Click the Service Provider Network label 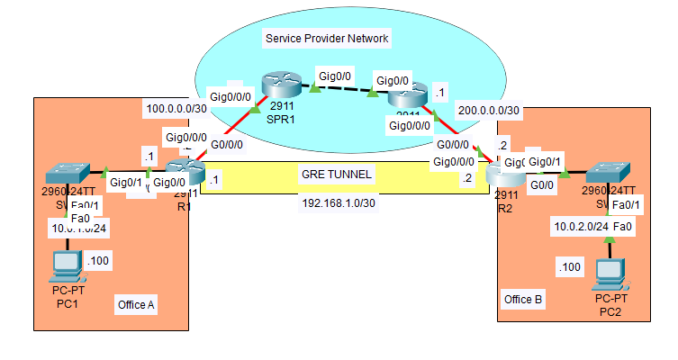coord(327,39)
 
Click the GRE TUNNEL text coord(337,174)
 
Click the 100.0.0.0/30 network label coord(175,110)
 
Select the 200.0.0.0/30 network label coord(488,110)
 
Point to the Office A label coord(136,305)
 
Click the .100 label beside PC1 coord(100,261)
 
